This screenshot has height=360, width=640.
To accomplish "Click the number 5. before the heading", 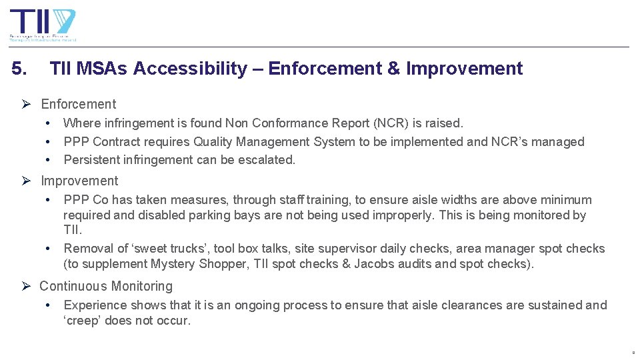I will (x=20, y=69).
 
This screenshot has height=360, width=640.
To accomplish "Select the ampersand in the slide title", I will (x=393, y=69).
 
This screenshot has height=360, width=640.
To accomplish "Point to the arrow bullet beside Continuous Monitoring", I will (x=27, y=287).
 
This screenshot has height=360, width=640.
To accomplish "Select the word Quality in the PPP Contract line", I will (x=213, y=142).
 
